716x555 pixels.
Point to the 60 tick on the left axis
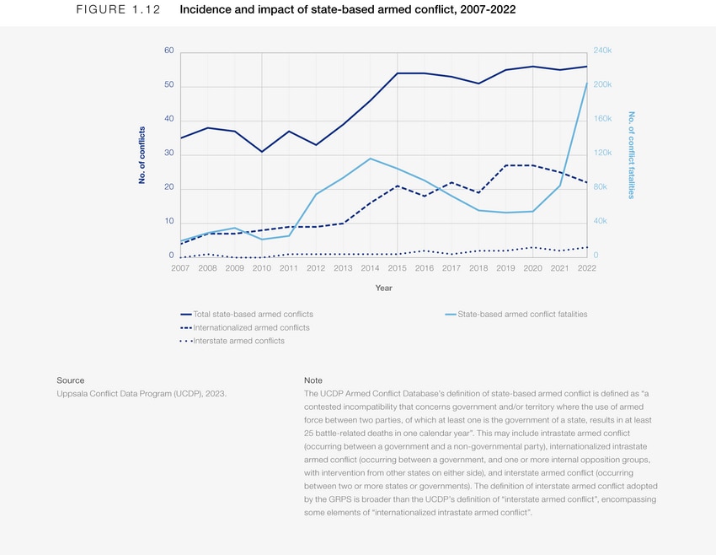point(168,51)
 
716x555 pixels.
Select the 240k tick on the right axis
point(603,51)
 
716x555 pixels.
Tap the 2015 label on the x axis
point(397,268)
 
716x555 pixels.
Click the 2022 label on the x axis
point(586,268)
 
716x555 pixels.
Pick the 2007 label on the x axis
point(180,268)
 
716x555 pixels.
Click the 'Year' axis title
point(383,288)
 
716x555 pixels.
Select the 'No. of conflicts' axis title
point(142,155)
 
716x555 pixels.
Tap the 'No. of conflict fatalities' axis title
point(630,155)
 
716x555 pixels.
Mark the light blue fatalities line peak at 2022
point(586,84)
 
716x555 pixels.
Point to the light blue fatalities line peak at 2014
point(370,159)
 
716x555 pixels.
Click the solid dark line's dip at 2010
point(262,152)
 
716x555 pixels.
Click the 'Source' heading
point(70,380)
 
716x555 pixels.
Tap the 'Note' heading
point(313,380)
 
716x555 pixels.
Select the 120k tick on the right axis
point(603,154)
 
